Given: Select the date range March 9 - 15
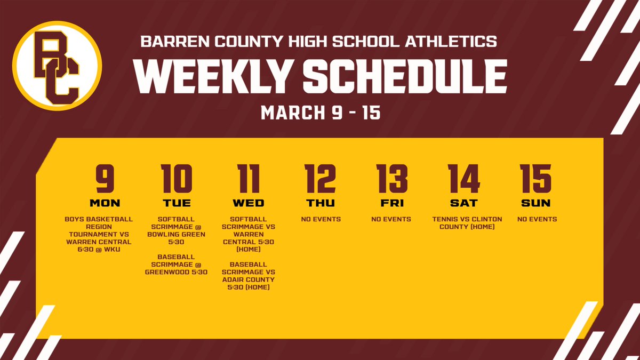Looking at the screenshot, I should pyautogui.click(x=320, y=113).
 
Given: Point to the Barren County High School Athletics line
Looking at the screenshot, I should pyautogui.click(x=319, y=41).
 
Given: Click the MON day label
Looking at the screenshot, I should pyautogui.click(x=105, y=203).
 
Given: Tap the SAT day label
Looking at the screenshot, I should pyautogui.click(x=464, y=203).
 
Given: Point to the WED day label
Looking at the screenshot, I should pyautogui.click(x=249, y=203).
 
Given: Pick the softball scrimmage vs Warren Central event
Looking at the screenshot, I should pyautogui.click(x=249, y=234).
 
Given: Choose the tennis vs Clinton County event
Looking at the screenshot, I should pyautogui.click(x=464, y=222).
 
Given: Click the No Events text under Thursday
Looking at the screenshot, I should pyautogui.click(x=321, y=219).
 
